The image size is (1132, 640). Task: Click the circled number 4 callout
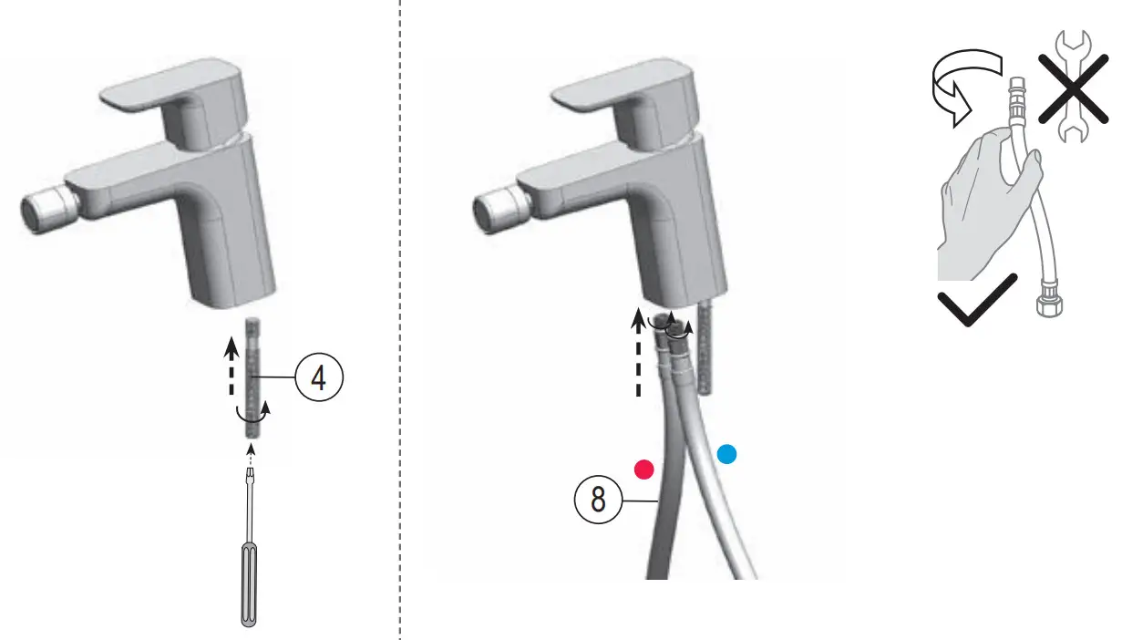[x=318, y=378]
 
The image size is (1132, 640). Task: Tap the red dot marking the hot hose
[x=645, y=469]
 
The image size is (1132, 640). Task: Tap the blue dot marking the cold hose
[x=726, y=454]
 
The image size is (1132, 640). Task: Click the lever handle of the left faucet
[x=169, y=95]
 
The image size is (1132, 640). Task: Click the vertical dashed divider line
[x=399, y=319]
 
